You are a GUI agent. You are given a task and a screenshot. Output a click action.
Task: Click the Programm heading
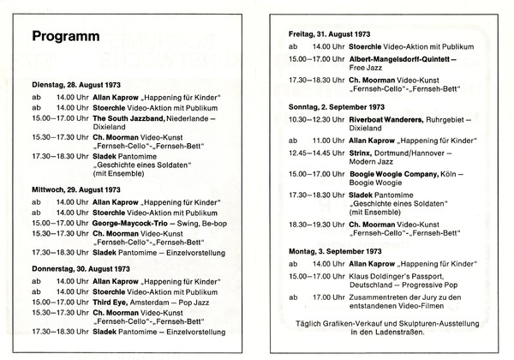[65, 38]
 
